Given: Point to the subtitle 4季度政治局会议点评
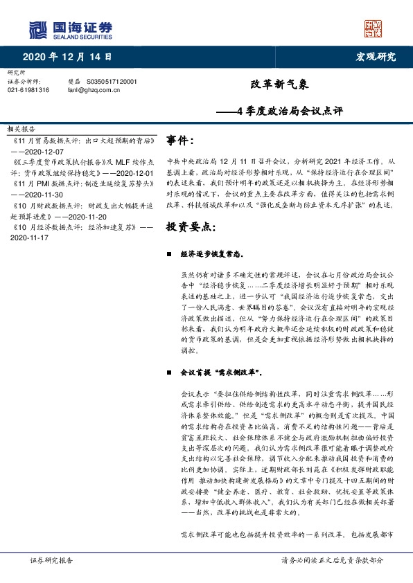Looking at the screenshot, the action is click(x=290, y=110).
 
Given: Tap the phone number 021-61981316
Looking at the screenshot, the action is click(x=28, y=90).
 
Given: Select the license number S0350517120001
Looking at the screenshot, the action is click(x=112, y=81).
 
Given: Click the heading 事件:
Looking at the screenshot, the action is click(x=180, y=141).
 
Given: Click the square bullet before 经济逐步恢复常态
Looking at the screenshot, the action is click(x=169, y=253).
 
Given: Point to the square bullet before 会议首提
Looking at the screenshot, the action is click(x=169, y=373).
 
